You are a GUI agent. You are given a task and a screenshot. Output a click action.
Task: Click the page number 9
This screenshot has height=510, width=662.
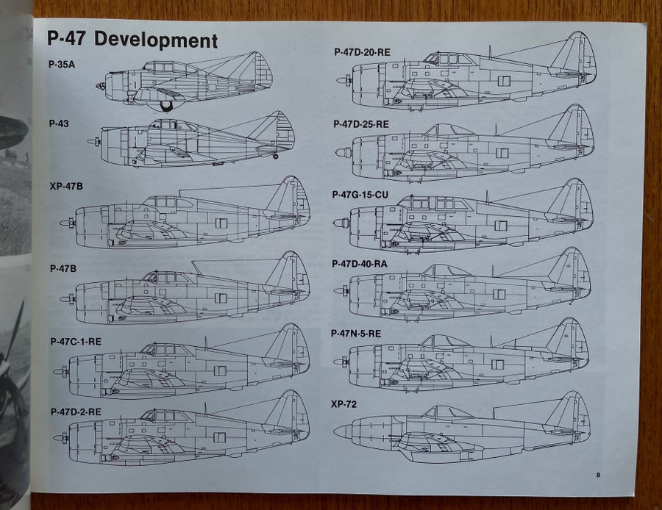[598, 475]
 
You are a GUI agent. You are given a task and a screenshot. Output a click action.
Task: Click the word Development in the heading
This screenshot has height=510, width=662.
[156, 40]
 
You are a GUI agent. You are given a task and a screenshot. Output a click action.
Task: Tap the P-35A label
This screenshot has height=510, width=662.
[62, 65]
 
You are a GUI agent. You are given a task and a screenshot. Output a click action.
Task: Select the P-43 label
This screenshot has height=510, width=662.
[59, 123]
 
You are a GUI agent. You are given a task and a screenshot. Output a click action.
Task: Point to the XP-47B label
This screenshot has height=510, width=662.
[66, 186]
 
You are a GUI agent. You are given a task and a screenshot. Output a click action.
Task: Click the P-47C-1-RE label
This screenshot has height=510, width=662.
[76, 341]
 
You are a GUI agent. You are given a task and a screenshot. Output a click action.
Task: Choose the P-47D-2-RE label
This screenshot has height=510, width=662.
[76, 412]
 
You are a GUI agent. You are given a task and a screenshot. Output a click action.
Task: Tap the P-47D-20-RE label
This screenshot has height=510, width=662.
[362, 52]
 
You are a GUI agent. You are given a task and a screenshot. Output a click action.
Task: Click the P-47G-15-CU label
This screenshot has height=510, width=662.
[360, 195]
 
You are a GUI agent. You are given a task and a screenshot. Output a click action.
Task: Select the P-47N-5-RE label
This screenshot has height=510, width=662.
[356, 334]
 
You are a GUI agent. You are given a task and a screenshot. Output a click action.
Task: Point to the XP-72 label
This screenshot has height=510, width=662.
[344, 404]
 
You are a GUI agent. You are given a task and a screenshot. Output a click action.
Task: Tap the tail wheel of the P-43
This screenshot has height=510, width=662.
[276, 157]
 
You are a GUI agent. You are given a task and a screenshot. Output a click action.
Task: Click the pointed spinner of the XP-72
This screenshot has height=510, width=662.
[343, 431]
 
